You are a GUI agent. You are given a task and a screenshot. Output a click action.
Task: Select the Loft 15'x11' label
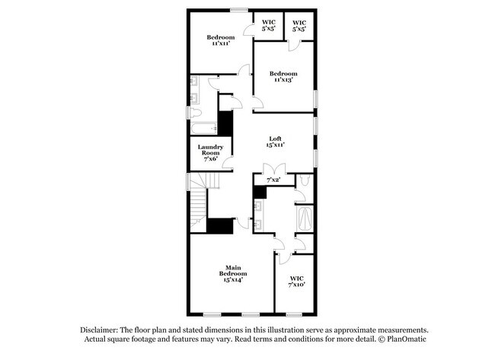pos(275,141)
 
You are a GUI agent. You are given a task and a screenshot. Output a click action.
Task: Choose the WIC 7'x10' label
pos(295,283)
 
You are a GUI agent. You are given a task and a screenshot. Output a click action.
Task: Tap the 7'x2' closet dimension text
pos(273,180)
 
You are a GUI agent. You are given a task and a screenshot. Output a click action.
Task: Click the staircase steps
pos(198,202)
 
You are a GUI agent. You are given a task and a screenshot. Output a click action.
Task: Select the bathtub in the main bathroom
pos(305,220)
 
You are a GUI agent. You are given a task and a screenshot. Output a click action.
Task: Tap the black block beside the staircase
pos(222,226)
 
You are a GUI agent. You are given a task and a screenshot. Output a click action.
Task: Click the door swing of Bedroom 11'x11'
pos(244,72)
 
